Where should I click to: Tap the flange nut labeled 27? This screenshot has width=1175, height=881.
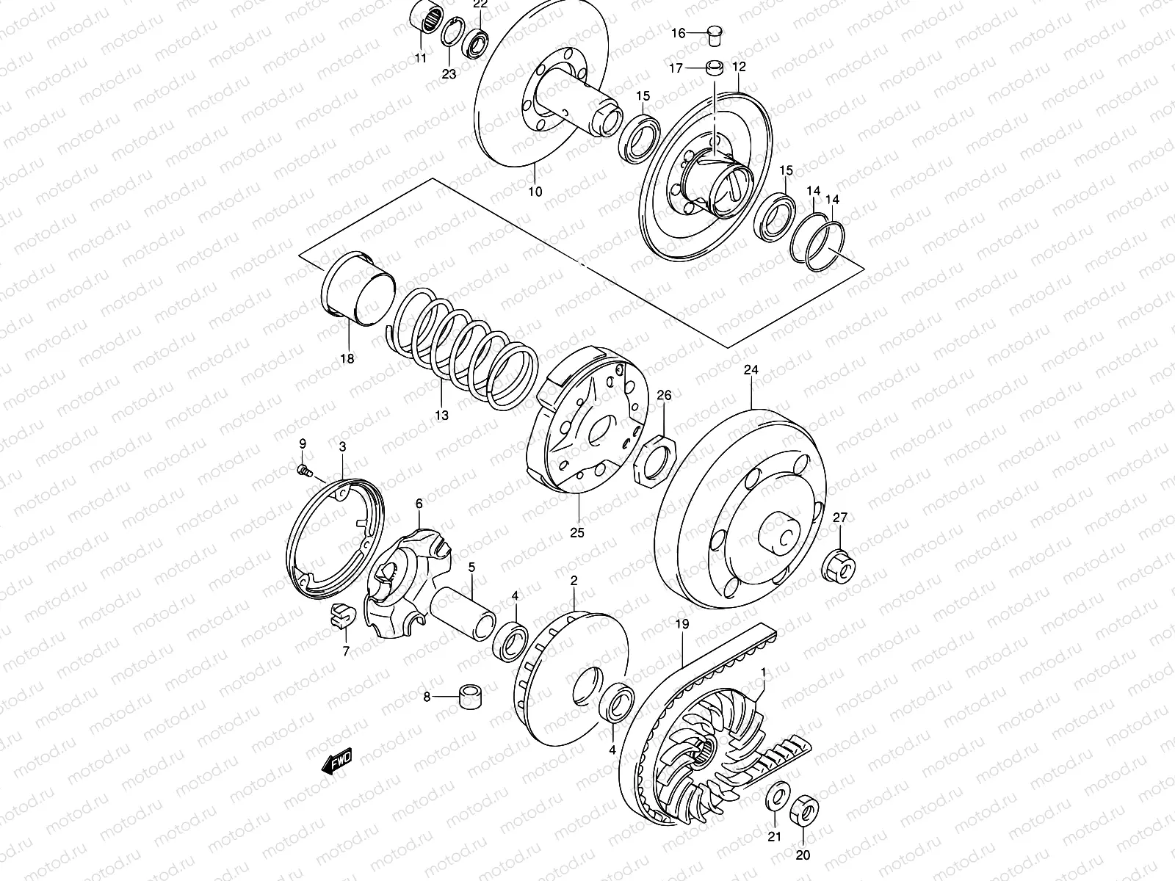click(840, 565)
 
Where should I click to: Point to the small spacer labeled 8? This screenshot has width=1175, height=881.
click(470, 696)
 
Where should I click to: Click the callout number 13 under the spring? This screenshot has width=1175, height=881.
click(441, 416)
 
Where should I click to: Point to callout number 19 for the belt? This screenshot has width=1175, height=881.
click(682, 625)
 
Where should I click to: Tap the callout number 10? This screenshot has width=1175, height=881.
click(535, 192)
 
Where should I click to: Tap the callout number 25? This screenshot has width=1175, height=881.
click(577, 533)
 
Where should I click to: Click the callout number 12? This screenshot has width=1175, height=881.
click(739, 67)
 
